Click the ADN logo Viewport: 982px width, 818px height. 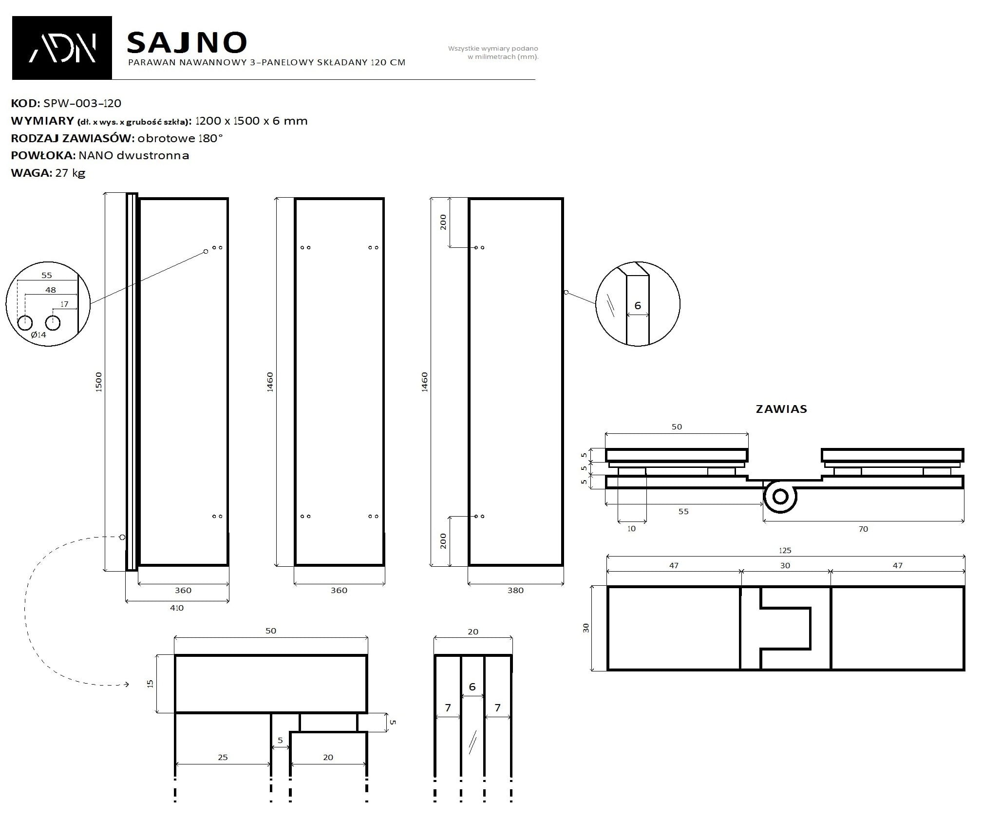click(x=62, y=48)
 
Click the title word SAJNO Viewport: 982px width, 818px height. click(x=187, y=43)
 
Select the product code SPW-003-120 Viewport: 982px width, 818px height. click(x=82, y=103)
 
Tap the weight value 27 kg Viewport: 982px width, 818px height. click(x=71, y=173)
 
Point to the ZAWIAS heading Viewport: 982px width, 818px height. click(x=781, y=409)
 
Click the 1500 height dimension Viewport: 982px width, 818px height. click(x=99, y=382)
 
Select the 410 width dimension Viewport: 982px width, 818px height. click(x=177, y=608)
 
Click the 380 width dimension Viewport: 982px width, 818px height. click(x=515, y=590)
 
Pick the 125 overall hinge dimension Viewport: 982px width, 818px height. click(x=785, y=550)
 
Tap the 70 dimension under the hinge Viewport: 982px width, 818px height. click(x=863, y=529)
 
